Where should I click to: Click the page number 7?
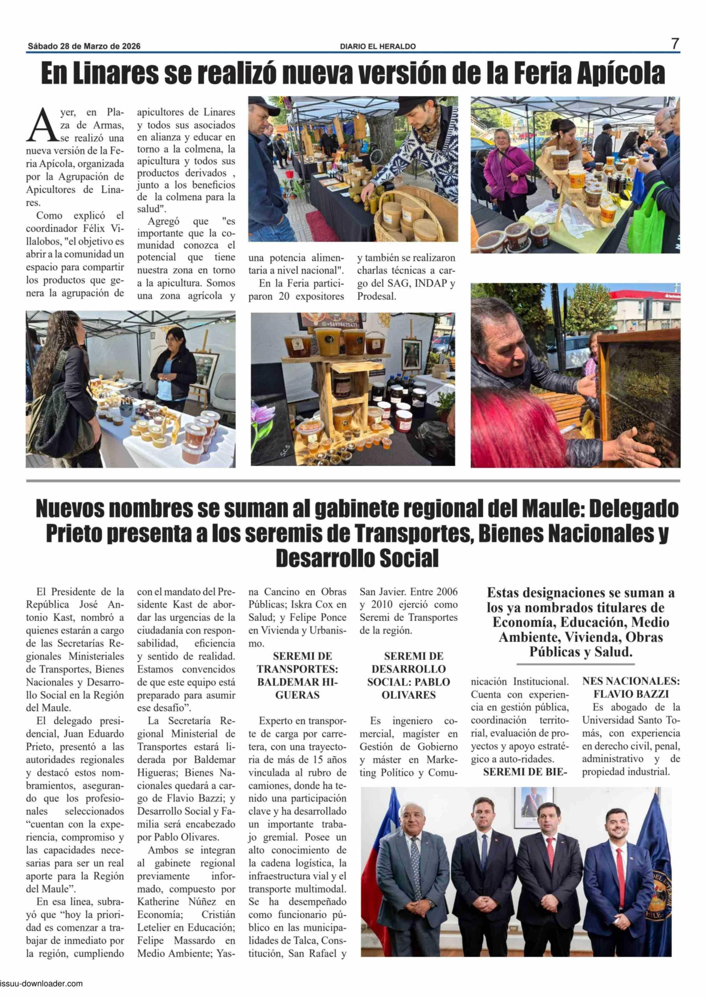[675, 44]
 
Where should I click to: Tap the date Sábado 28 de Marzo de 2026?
[84, 46]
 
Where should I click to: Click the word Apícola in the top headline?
[621, 74]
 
